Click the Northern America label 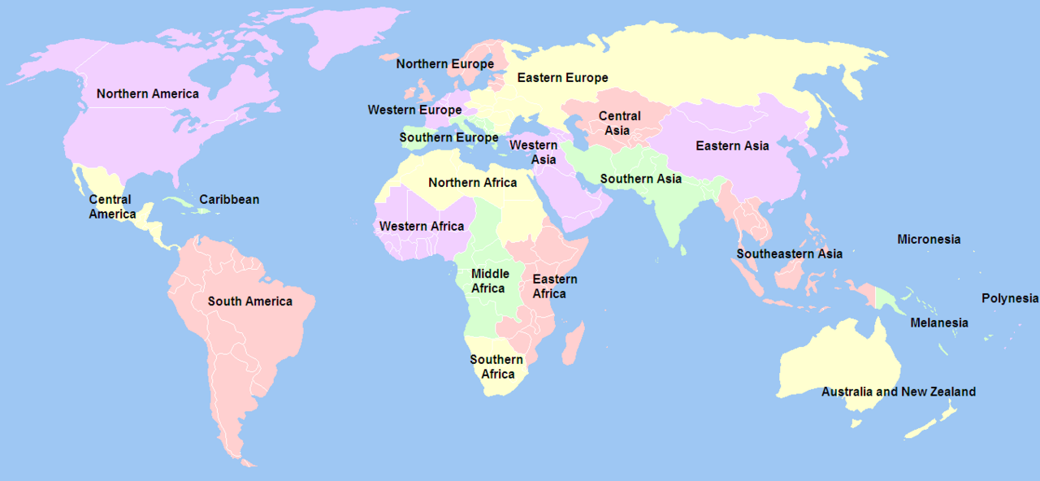click(x=147, y=93)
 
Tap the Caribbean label click(x=229, y=199)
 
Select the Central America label click(x=112, y=207)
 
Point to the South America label click(x=249, y=301)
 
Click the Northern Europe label click(x=444, y=63)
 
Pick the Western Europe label click(x=414, y=110)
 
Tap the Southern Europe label click(x=448, y=137)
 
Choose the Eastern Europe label click(x=562, y=78)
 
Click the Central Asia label click(x=619, y=123)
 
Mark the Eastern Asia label click(x=732, y=146)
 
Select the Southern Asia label click(x=640, y=179)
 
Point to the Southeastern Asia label click(x=789, y=253)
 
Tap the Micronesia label click(x=928, y=239)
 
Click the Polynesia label click(x=1009, y=298)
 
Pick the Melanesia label click(x=938, y=323)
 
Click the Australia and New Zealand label click(x=898, y=392)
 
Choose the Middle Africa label click(x=489, y=281)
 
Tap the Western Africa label click(x=422, y=226)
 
